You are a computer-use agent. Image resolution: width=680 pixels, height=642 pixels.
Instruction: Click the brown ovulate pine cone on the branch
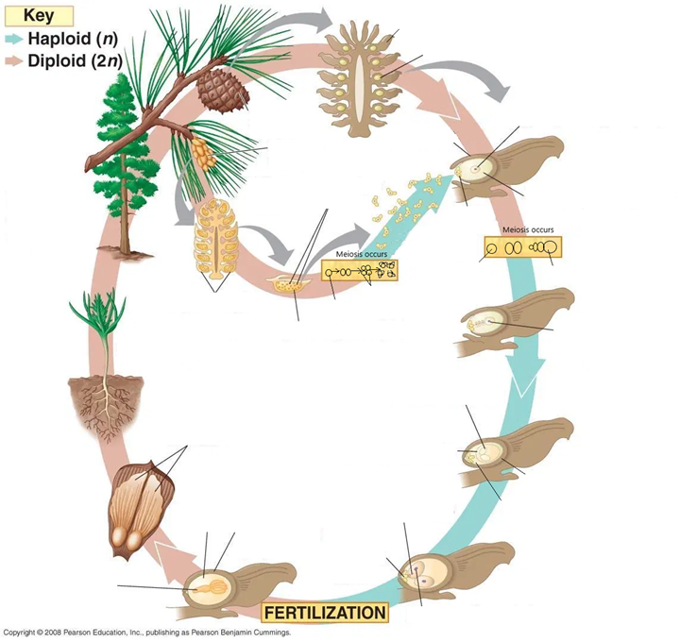pos(221,87)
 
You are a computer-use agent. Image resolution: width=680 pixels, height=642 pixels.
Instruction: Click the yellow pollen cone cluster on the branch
pos(201,151)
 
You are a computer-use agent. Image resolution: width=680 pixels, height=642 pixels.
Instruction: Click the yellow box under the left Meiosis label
pos(360,271)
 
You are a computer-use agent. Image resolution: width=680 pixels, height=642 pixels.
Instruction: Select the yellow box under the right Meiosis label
pos(519,246)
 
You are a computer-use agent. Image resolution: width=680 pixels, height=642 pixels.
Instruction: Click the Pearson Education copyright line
pos(146,632)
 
